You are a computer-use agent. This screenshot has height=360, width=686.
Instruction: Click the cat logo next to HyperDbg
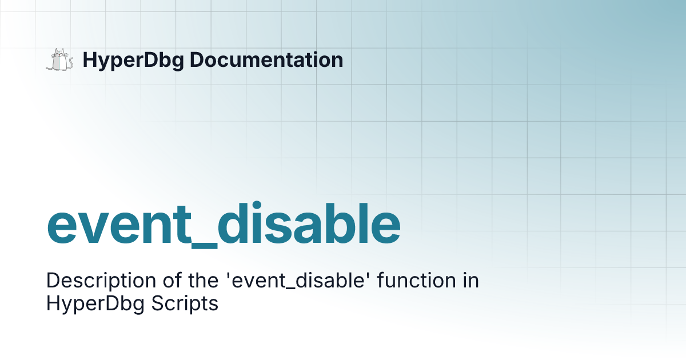(59, 60)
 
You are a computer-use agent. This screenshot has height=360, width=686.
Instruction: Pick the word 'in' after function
(471, 281)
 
